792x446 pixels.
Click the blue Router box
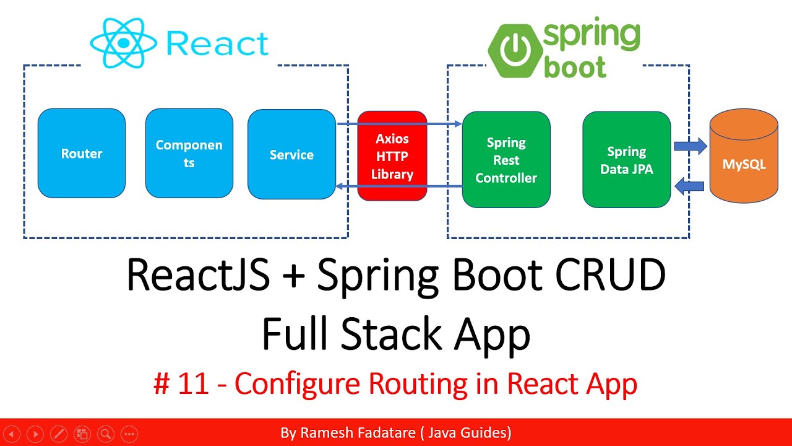coord(82,154)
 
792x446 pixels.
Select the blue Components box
coord(189,154)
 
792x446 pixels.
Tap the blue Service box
coord(291,155)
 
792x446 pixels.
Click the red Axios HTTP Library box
coord(392,156)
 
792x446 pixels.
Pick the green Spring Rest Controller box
coord(506,160)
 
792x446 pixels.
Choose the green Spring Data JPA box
coord(626,160)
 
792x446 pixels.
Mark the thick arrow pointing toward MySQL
coord(690,147)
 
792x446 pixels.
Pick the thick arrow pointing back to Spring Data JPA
coord(690,184)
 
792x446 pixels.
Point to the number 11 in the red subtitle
coord(192,385)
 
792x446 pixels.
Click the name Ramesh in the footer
coord(329,432)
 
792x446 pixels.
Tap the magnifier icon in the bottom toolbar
coord(106,434)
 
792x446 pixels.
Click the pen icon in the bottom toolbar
coord(59,434)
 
